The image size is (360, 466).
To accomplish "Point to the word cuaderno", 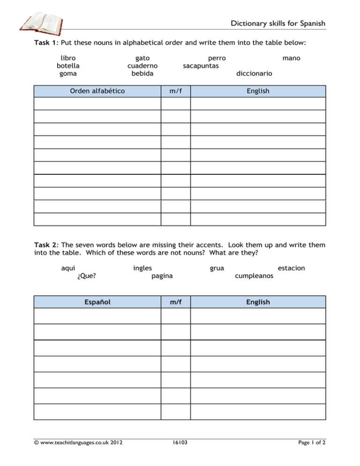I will [x=142, y=66].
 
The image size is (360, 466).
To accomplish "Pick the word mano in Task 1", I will [x=292, y=58].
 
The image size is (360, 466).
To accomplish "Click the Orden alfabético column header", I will [x=97, y=90].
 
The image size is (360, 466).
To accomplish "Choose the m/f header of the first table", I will [x=176, y=90].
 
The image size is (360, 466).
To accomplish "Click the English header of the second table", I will [x=258, y=302].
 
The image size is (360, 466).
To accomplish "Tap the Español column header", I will [x=97, y=302].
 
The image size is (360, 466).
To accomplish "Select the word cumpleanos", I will [x=255, y=276].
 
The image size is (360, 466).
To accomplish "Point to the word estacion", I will [x=291, y=268].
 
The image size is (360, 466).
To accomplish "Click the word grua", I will [x=216, y=268].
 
